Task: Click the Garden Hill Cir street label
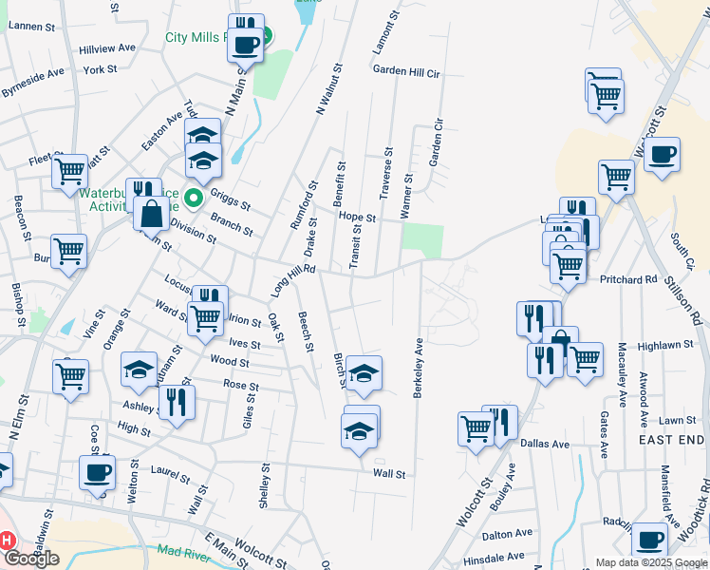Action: (406, 71)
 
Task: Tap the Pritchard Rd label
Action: (628, 280)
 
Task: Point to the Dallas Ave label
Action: (544, 444)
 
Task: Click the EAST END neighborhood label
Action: (671, 439)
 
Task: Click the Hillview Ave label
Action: (107, 47)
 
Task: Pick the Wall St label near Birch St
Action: (389, 473)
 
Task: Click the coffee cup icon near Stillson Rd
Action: (663, 154)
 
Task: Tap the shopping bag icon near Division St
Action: (152, 213)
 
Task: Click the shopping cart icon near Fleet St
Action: (70, 172)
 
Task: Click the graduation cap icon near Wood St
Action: (140, 370)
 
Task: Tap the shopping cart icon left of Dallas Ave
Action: (476, 427)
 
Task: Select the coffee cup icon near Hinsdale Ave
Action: (650, 539)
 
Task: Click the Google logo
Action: (31, 559)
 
